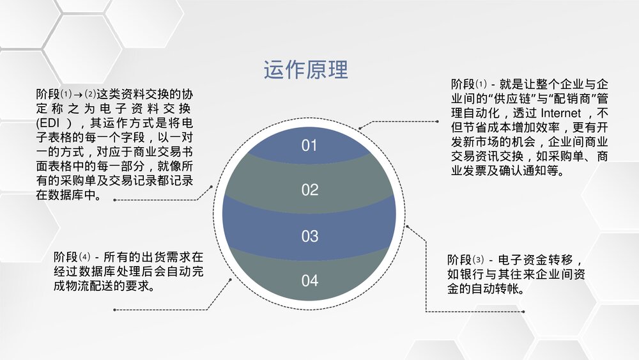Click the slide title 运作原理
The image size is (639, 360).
coord(305,69)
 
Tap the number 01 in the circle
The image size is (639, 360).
coord(309,146)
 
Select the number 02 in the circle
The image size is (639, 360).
coord(309,190)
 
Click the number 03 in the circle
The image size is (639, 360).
coord(309,236)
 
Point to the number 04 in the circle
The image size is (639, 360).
coord(309,281)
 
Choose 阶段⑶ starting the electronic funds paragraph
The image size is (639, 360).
coord(466,260)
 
